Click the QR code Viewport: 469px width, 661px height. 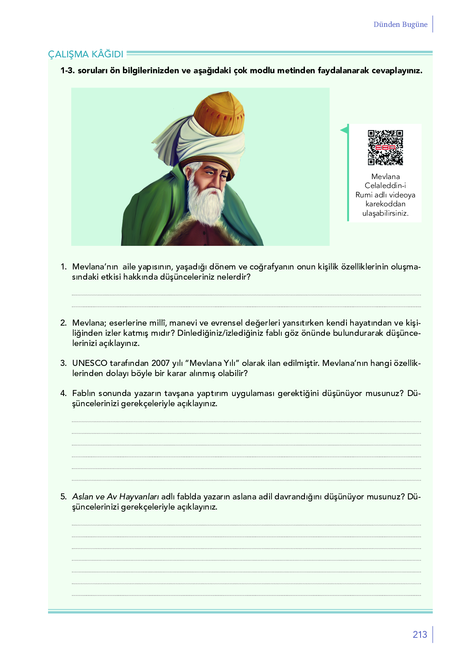tap(385, 147)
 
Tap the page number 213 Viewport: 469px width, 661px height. tap(420, 635)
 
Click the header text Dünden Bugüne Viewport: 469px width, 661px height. tap(400, 24)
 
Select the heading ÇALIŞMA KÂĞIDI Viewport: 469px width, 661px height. tap(85, 54)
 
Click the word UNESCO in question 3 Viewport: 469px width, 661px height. tap(90, 363)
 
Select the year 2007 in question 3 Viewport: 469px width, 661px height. tap(160, 363)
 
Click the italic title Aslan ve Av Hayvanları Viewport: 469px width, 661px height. tap(115, 497)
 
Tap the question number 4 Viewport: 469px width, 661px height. tap(63, 393)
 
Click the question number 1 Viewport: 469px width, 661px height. tap(63, 267)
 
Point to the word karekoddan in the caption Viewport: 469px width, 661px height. tap(385, 204)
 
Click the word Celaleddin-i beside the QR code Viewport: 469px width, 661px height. tap(385, 186)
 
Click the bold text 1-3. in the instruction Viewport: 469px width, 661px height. tap(68, 70)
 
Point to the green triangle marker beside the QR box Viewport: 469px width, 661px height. tap(344, 130)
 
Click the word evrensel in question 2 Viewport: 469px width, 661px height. tap(226, 323)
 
